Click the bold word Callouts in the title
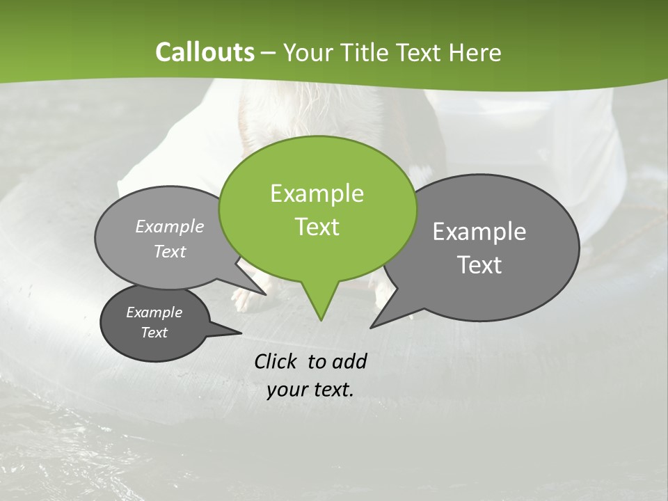(205, 52)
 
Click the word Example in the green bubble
(317, 193)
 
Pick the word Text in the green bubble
(317, 227)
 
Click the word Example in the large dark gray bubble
(479, 232)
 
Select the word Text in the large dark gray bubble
(479, 265)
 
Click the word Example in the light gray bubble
(170, 226)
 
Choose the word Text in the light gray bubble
(170, 252)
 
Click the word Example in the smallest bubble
(154, 312)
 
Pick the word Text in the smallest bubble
(154, 333)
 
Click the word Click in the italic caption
(276, 361)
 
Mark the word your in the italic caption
(287, 390)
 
